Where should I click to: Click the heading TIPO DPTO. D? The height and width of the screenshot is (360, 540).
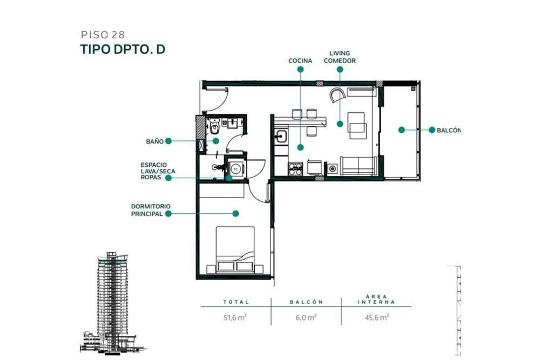click(123, 49)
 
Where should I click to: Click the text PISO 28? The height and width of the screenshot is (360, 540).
click(103, 35)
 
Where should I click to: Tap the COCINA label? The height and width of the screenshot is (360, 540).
click(300, 60)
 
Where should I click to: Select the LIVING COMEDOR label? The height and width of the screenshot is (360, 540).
click(340, 57)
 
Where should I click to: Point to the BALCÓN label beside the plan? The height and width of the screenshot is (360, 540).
click(448, 130)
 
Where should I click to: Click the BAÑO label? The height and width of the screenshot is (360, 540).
click(154, 141)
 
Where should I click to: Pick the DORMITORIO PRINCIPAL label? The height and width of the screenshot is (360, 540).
click(151, 210)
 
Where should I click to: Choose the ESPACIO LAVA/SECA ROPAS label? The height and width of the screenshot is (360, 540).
click(158, 171)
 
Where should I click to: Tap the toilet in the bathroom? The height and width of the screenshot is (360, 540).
click(214, 127)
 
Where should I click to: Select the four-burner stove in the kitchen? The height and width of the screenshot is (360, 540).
click(295, 168)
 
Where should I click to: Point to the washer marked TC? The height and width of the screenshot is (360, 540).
click(235, 169)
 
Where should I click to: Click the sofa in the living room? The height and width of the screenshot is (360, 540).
click(359, 166)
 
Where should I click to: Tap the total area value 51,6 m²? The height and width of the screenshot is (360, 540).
click(235, 317)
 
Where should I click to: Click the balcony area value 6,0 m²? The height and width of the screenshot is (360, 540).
click(306, 317)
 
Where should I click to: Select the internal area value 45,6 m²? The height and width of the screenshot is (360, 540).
click(377, 317)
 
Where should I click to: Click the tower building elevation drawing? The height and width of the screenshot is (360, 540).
click(113, 303)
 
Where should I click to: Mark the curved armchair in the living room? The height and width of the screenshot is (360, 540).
click(337, 94)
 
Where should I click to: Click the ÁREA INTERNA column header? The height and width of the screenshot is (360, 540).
click(376, 299)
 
